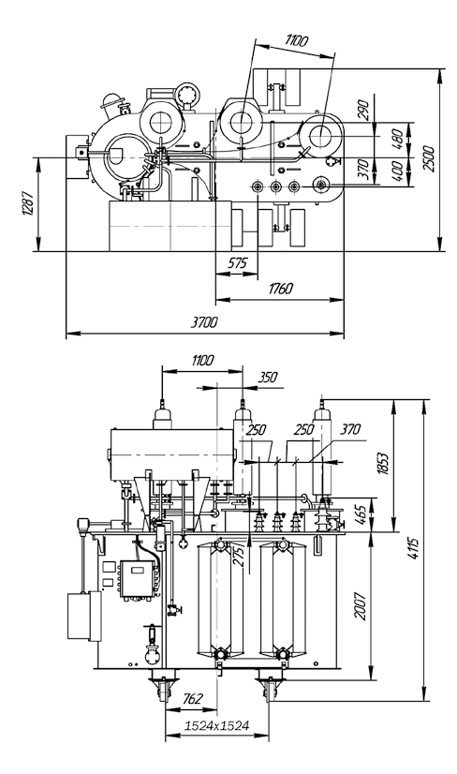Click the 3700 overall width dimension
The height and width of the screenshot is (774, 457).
[x=204, y=322]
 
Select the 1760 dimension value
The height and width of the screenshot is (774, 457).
[x=280, y=289]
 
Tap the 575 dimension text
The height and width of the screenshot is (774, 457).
[x=237, y=263]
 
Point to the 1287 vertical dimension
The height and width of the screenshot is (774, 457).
[x=29, y=203]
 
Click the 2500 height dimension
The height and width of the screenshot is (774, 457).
[x=429, y=158]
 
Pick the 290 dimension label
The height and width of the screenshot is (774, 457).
[x=363, y=110]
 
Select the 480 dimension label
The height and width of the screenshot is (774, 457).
[x=399, y=136]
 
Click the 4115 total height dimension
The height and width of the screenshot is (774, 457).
[x=414, y=547]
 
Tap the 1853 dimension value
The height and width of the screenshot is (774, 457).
[x=385, y=462]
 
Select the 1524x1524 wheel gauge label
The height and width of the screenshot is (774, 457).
[x=216, y=725]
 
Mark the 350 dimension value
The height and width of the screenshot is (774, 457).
[x=268, y=377]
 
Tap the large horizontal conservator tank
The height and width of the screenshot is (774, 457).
[x=172, y=454]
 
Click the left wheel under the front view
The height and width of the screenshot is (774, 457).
[x=163, y=688]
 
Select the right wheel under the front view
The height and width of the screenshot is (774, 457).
[x=269, y=689]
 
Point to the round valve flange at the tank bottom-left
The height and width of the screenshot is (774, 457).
[x=152, y=657]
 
